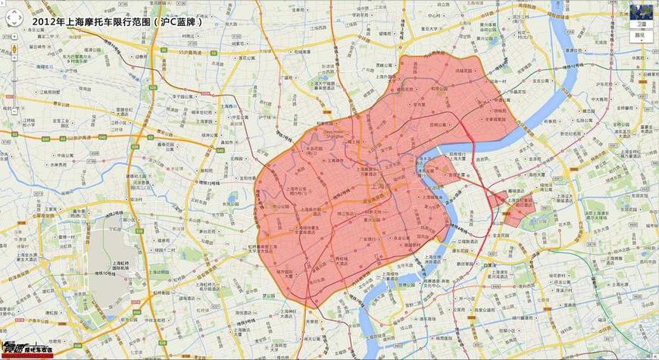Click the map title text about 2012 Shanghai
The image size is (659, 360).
point(117,23)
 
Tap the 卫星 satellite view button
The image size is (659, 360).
point(640,23)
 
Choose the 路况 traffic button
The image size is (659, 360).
point(640,35)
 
